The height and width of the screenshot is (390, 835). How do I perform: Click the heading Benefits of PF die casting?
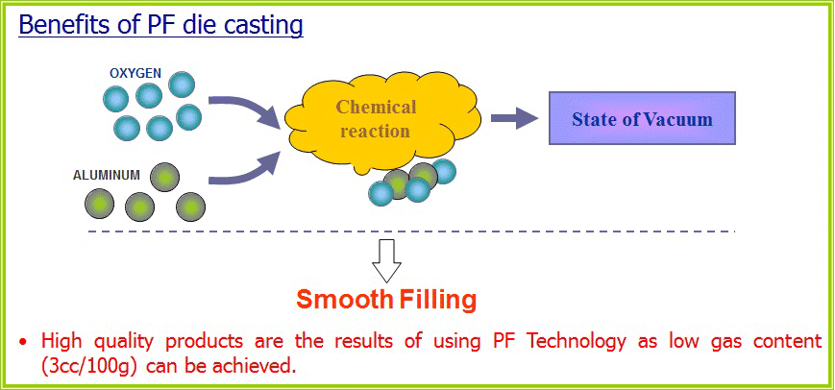(x=160, y=25)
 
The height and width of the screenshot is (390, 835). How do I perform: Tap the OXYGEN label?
(x=135, y=73)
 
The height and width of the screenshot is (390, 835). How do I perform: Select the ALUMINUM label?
(x=107, y=175)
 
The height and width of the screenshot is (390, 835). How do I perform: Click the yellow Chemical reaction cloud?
(x=382, y=125)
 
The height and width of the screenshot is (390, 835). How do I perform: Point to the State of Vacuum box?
(x=642, y=118)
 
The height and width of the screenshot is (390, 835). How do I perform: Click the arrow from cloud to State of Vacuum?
(x=514, y=118)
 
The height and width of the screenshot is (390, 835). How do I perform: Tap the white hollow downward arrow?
(x=386, y=260)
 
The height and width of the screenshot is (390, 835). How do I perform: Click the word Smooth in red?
(x=344, y=300)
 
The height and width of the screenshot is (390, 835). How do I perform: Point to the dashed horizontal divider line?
(x=411, y=232)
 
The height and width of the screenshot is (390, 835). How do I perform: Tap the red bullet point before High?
(x=23, y=342)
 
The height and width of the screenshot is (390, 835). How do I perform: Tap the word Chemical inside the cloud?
(x=377, y=108)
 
